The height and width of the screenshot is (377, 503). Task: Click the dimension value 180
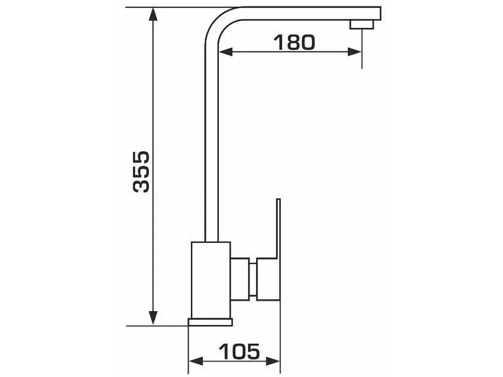294,42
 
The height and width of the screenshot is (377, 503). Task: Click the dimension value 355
141,172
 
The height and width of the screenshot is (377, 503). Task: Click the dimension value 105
239,352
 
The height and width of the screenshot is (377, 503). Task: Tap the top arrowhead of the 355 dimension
153,14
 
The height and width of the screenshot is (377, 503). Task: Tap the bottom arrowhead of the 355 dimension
153,318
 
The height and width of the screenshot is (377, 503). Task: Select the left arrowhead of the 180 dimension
225,52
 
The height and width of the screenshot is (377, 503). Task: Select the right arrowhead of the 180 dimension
355,52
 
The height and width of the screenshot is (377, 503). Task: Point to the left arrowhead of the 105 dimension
195,361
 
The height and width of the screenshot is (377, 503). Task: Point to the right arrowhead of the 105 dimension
273,361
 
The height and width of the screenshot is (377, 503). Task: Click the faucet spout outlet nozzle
362,25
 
